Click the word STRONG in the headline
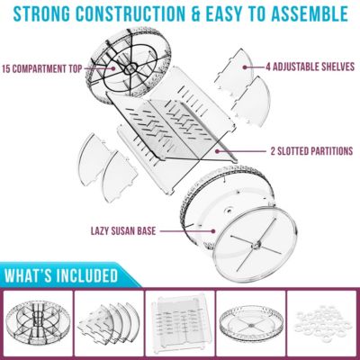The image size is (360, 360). click(x=46, y=14)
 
